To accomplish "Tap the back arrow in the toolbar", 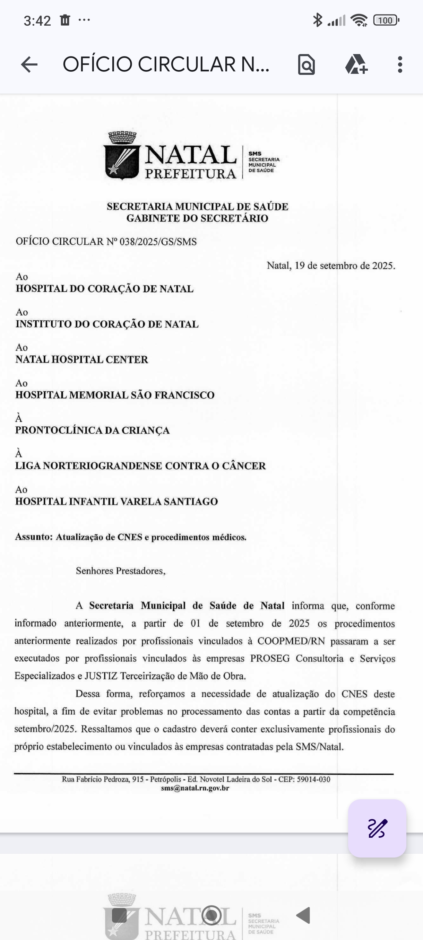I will (29, 65).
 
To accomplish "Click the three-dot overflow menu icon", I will (400, 65).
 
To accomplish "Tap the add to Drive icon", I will (356, 64).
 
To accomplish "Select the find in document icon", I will (306, 65).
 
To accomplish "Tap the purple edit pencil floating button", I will (377, 828).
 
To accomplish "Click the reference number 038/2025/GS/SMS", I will (158, 242).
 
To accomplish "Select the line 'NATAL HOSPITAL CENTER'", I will (82, 359).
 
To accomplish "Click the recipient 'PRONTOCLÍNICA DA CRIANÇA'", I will (92, 430).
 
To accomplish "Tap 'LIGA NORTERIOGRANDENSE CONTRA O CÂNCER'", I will (140, 465).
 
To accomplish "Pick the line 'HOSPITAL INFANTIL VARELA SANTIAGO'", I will (116, 502).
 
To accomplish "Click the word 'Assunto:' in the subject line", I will (34, 537).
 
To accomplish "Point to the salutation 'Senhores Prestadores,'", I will (120, 571).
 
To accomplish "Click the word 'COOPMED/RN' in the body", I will (291, 641).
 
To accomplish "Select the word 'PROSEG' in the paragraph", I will (270, 659).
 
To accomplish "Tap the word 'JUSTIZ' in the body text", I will (101, 676).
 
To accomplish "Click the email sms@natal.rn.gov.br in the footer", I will (195, 788).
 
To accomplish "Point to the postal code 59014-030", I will (313, 780).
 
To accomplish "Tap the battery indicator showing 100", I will (386, 20).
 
